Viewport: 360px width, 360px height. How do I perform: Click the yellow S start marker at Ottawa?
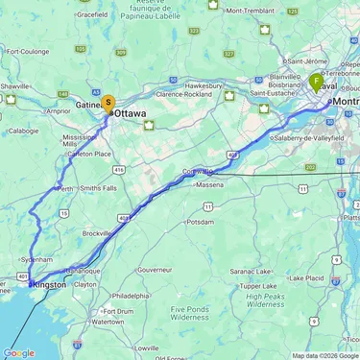pyautogui.click(x=108, y=102)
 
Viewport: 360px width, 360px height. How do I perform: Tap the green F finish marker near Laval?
pyautogui.click(x=317, y=82)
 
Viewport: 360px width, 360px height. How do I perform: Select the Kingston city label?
pyautogui.click(x=50, y=284)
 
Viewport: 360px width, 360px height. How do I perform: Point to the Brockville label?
pyautogui.click(x=97, y=233)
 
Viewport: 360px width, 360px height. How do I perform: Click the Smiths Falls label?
pyautogui.click(x=99, y=188)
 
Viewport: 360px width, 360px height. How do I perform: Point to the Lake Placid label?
pyautogui.click(x=306, y=278)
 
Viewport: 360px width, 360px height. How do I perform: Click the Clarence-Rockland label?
pyautogui.click(x=183, y=94)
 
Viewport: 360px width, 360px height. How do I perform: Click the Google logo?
pyautogui.click(x=19, y=352)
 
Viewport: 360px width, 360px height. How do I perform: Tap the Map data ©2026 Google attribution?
pyautogui.click(x=324, y=355)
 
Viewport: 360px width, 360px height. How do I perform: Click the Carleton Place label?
pyautogui.click(x=90, y=154)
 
